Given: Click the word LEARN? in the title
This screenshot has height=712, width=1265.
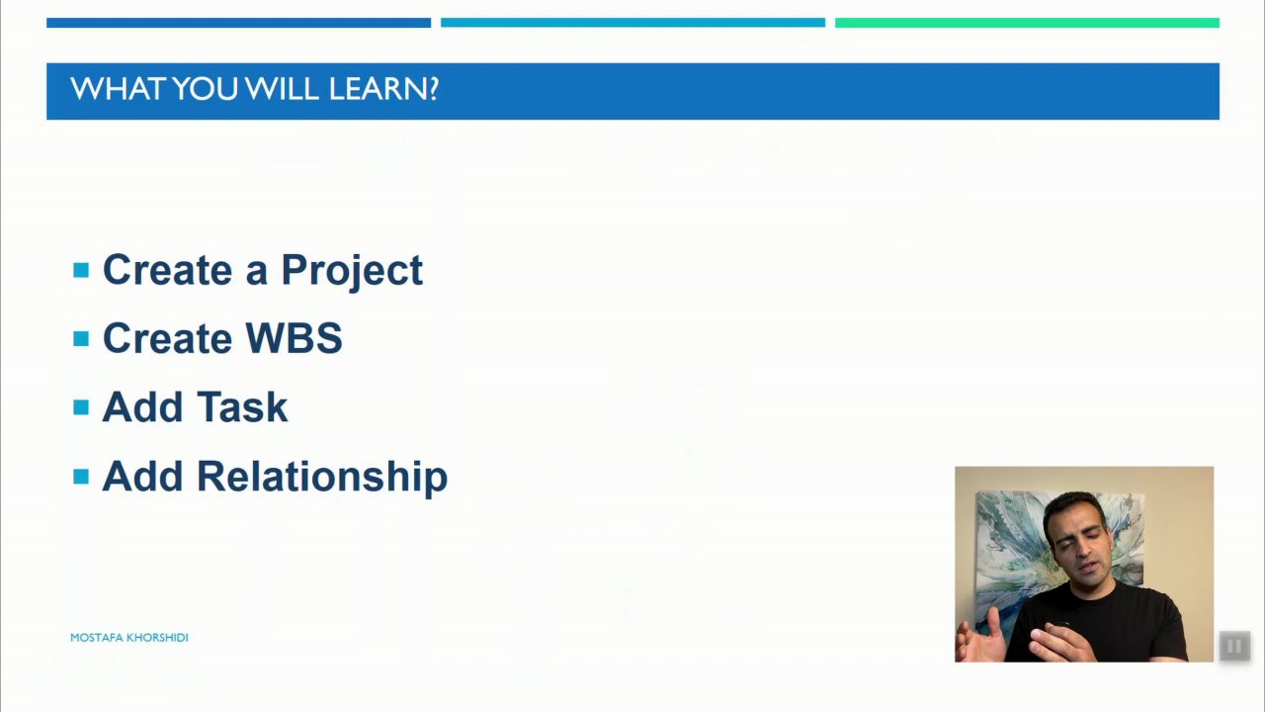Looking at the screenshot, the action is point(383,89).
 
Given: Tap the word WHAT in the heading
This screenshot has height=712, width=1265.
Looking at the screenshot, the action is point(118,89).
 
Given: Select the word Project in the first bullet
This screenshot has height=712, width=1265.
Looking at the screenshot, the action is point(352,272).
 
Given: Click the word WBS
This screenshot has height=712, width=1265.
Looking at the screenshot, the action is point(295,338).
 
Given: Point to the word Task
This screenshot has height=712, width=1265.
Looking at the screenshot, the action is point(242,406).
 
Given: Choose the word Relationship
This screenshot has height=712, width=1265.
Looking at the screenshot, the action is point(322,477).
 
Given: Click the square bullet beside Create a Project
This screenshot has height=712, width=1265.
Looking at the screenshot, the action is point(81,270).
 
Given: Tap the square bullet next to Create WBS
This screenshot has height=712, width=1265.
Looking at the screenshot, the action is point(81,338).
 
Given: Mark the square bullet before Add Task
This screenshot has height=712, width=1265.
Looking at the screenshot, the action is point(81,407).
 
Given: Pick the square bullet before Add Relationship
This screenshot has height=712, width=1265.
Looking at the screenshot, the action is point(81,477).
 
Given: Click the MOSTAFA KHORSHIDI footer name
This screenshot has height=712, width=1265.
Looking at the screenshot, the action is point(129,638).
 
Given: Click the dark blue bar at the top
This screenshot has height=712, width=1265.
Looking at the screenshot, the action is point(238,23).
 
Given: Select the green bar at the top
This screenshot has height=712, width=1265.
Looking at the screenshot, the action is point(1027,23).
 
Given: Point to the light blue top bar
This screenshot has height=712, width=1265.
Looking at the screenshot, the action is point(633,23).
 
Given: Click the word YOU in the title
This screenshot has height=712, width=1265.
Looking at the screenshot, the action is point(205,89).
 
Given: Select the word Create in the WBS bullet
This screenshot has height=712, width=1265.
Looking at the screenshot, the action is point(167,338).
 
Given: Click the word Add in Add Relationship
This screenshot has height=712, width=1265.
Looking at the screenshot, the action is point(143,477).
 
